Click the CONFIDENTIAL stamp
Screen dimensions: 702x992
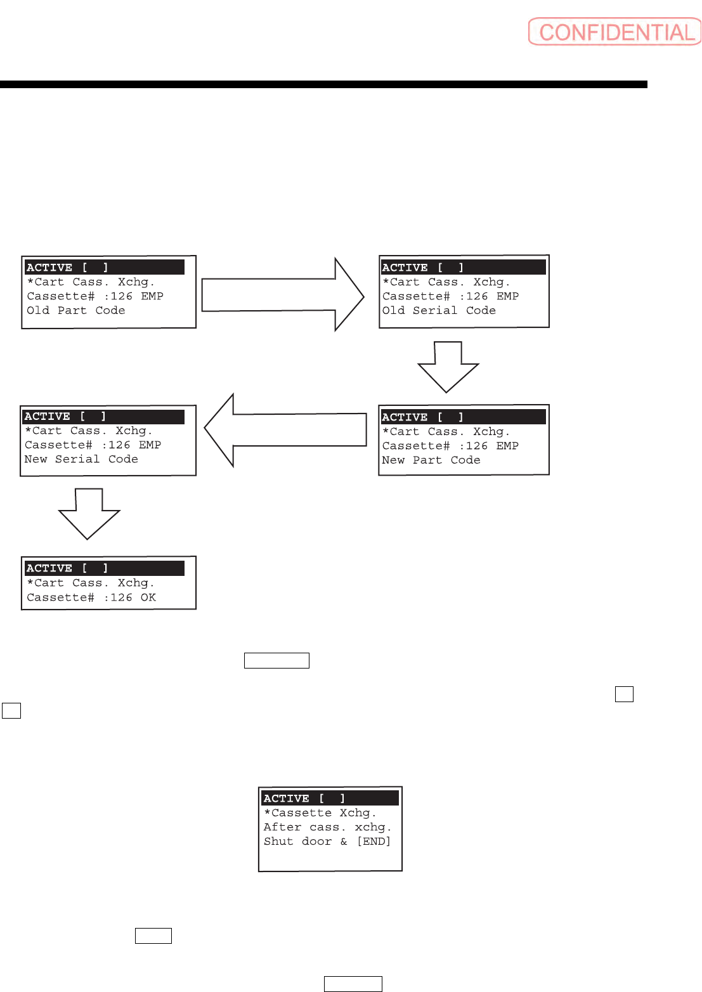point(615,32)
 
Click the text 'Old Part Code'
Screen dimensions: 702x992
point(76,311)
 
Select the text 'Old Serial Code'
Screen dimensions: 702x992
point(439,311)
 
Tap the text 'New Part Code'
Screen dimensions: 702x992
point(431,460)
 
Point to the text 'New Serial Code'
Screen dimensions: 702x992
point(81,459)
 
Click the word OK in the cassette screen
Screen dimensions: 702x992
point(148,597)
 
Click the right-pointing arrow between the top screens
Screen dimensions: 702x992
point(282,295)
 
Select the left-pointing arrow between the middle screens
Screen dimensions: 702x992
point(285,430)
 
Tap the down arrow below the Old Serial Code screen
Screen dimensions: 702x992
point(448,367)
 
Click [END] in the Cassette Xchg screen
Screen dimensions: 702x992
point(374,842)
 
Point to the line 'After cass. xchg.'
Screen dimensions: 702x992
point(327,827)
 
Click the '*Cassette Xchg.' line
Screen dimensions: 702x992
point(320,813)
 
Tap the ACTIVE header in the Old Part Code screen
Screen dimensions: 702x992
point(49,268)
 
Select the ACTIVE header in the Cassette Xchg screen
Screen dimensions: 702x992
point(287,799)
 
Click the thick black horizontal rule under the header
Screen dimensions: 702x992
point(323,84)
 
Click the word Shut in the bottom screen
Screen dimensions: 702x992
point(278,842)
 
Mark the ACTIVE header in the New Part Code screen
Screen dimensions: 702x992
point(405,417)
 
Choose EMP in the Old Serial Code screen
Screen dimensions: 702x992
point(507,296)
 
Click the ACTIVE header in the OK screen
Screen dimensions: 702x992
point(49,568)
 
